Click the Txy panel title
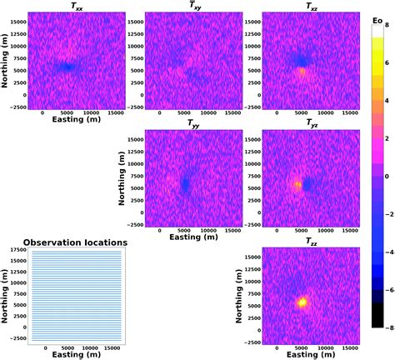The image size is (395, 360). coord(192,7)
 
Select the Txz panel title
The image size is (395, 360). coord(309,7)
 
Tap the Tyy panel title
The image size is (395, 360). coord(192,123)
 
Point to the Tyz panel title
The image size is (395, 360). coord(309,123)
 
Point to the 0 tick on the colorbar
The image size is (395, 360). coord(387,176)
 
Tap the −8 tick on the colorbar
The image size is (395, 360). coord(385,327)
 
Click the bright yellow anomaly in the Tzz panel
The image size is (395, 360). coord(303,302)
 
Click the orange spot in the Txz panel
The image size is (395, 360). coord(302,72)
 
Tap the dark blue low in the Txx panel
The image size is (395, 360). coord(66,67)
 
